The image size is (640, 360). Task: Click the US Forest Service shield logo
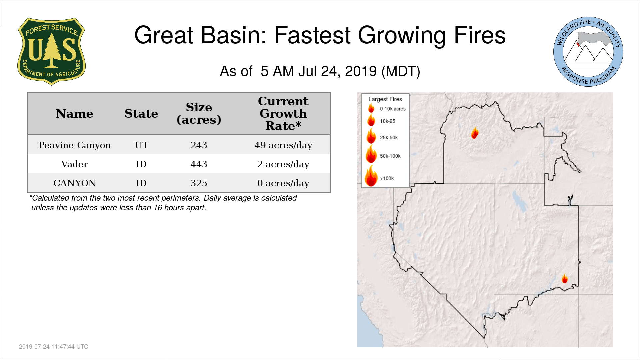[51, 52]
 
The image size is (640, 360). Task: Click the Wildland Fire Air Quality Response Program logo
[588, 52]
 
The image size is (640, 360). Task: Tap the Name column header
[75, 114]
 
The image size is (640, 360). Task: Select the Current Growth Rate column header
[283, 113]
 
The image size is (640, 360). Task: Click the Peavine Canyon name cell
[75, 145]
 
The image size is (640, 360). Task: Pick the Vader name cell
[75, 164]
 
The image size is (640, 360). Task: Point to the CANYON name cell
[75, 183]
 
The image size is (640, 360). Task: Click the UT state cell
[141, 145]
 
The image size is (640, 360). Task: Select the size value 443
[199, 164]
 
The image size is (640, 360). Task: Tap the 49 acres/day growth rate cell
[283, 145]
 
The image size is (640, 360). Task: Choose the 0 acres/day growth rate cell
[283, 183]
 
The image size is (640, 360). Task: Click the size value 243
[199, 145]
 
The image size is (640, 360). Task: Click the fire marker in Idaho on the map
[475, 133]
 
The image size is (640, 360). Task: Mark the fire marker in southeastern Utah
[565, 278]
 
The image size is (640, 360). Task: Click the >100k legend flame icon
[371, 176]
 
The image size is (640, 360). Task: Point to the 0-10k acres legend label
[393, 109]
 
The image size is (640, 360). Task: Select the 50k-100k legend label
[390, 156]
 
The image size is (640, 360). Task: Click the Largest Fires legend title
[385, 99]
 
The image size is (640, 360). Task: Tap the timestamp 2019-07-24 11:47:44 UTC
[54, 347]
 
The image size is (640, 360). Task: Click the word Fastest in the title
[312, 35]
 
